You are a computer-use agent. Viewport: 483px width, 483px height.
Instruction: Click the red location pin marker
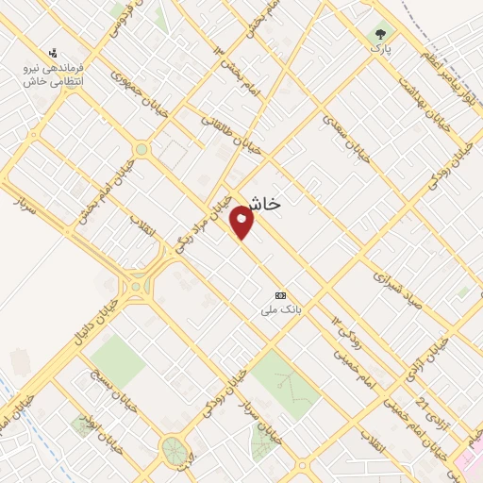click(x=242, y=221)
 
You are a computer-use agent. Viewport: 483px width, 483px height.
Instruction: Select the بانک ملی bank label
click(x=281, y=308)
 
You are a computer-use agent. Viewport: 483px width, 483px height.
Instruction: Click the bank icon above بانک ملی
click(x=278, y=294)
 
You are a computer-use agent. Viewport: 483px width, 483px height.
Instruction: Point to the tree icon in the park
click(x=380, y=31)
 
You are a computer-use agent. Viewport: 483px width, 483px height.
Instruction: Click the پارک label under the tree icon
click(x=380, y=45)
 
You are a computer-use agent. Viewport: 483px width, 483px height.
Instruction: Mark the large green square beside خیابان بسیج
click(x=117, y=359)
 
